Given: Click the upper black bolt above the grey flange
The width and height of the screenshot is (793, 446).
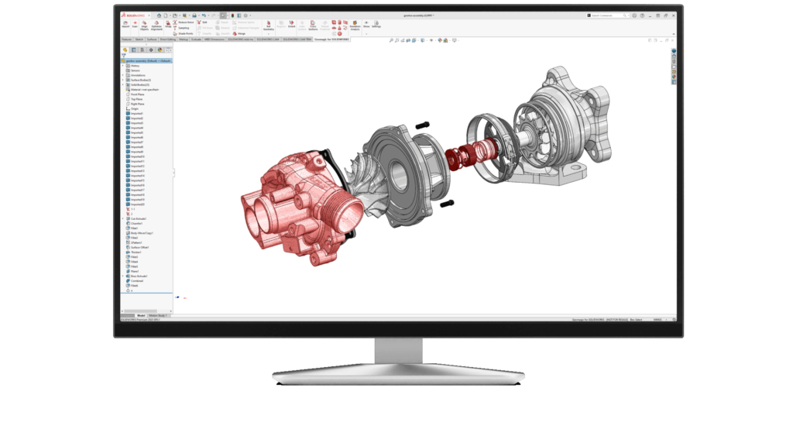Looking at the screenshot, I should tap(422, 125).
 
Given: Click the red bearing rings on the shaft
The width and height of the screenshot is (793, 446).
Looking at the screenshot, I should tap(472, 148).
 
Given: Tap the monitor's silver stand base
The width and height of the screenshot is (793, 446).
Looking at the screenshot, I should tap(396, 375).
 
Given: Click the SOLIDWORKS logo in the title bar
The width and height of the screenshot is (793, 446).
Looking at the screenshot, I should tap(133, 15).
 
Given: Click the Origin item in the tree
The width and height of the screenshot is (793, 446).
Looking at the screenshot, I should tap(134, 109).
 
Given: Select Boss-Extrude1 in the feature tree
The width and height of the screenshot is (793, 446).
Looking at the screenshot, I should tap(139, 276).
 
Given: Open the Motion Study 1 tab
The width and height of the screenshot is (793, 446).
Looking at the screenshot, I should tap(159, 315).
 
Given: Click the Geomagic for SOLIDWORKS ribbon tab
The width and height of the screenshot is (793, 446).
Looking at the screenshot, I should tap(331, 38).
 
